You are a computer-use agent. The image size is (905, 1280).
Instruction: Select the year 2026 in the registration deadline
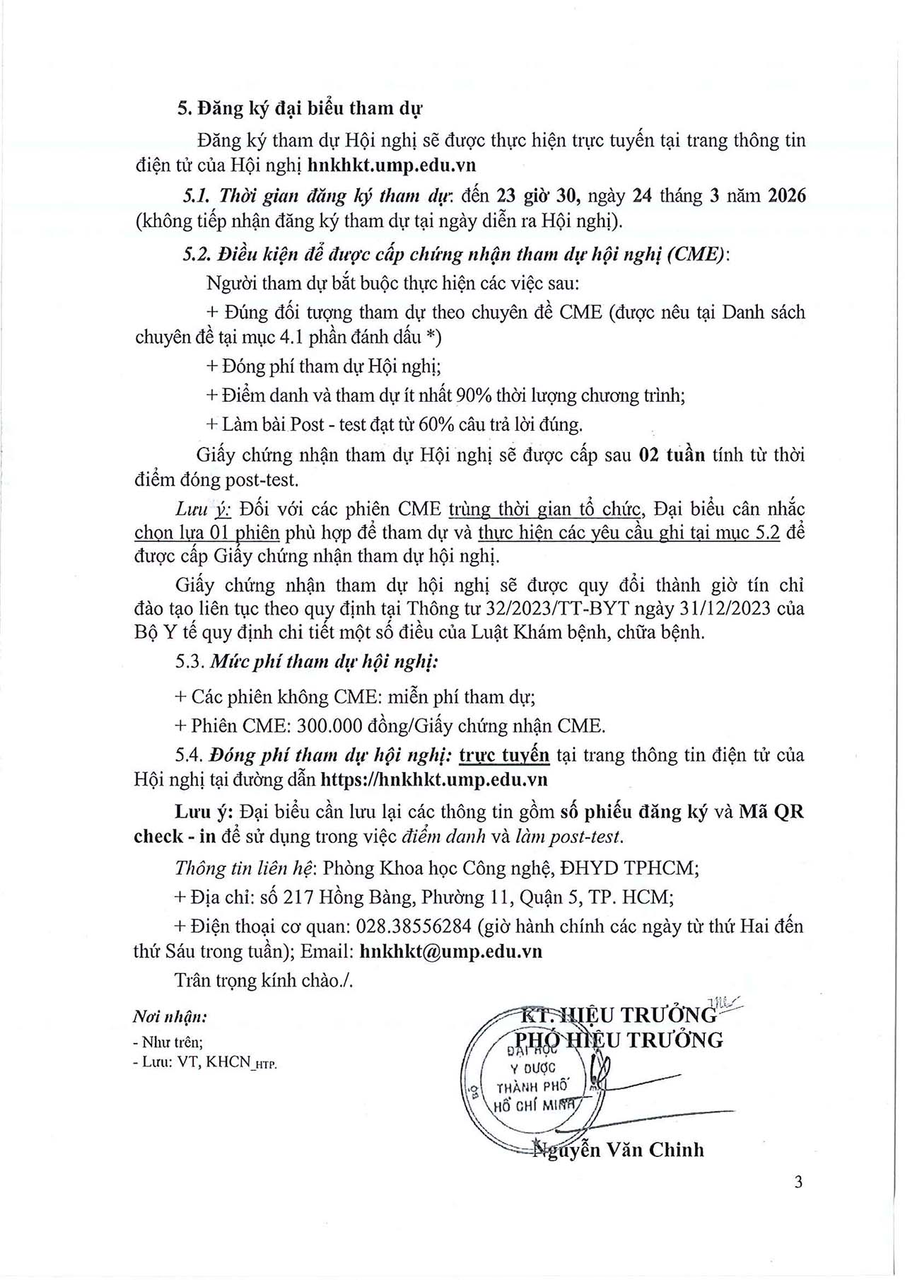786,196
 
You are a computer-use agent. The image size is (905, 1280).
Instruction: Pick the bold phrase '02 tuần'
672,455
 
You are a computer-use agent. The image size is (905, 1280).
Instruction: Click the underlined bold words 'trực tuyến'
504,755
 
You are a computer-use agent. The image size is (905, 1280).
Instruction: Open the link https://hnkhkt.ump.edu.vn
434,779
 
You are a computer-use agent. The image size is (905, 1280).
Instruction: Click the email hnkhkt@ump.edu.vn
450,951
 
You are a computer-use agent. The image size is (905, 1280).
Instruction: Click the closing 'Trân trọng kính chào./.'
264,981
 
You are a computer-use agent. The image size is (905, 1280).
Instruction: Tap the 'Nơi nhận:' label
170,1018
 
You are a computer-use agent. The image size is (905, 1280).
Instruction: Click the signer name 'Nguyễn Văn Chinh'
619,1149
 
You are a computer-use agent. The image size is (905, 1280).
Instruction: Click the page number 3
798,1182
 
